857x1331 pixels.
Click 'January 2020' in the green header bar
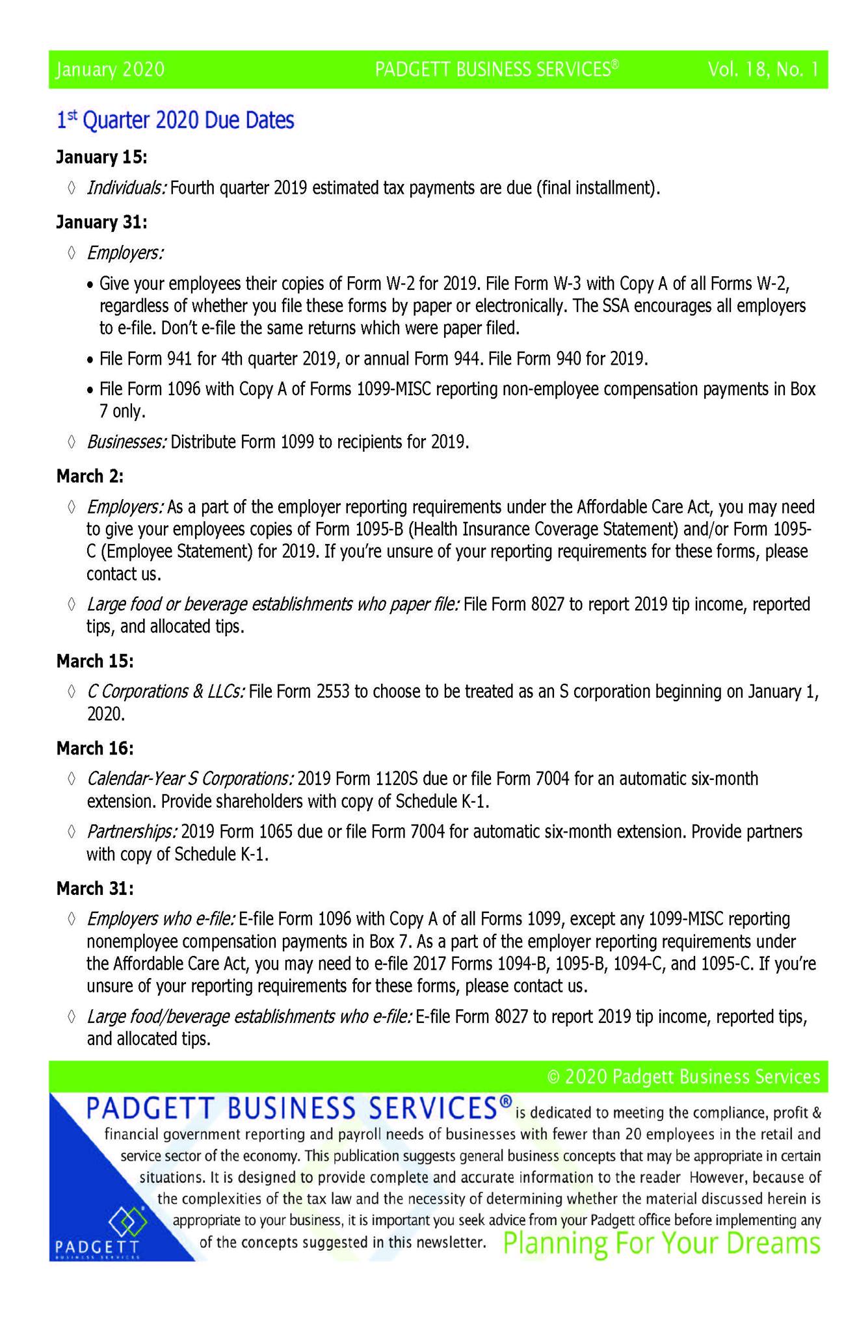point(110,70)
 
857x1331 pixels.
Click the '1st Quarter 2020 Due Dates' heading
point(175,120)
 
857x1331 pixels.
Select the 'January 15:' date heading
point(101,157)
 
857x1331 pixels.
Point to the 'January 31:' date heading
point(101,222)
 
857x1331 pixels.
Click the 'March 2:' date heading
point(90,476)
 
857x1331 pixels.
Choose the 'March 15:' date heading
point(95,661)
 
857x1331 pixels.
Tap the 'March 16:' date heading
point(95,749)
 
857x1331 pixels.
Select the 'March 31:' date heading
point(95,888)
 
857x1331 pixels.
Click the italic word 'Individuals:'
point(127,188)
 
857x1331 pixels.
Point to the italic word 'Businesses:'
point(127,442)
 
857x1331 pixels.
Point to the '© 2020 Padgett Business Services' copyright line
point(683,1077)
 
